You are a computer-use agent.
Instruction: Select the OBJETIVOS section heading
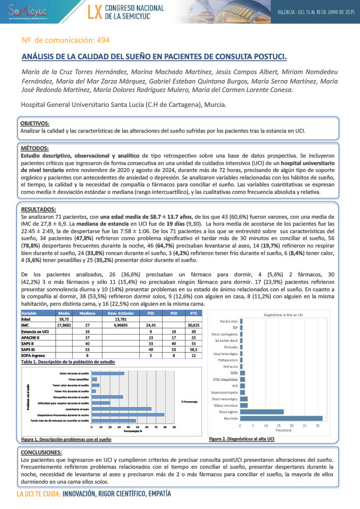pyautogui.click(x=35, y=123)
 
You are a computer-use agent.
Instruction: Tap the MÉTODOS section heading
pyautogui.click(x=34, y=148)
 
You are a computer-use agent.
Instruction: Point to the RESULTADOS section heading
pyautogui.click(x=38, y=209)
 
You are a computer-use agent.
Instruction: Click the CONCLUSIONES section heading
pyautogui.click(x=41, y=452)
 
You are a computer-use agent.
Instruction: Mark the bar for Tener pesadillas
pyautogui.click(x=94, y=379)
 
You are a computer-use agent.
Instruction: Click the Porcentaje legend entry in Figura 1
pyautogui.click(x=189, y=401)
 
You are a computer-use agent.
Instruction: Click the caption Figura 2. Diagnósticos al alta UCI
pyautogui.click(x=241, y=439)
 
